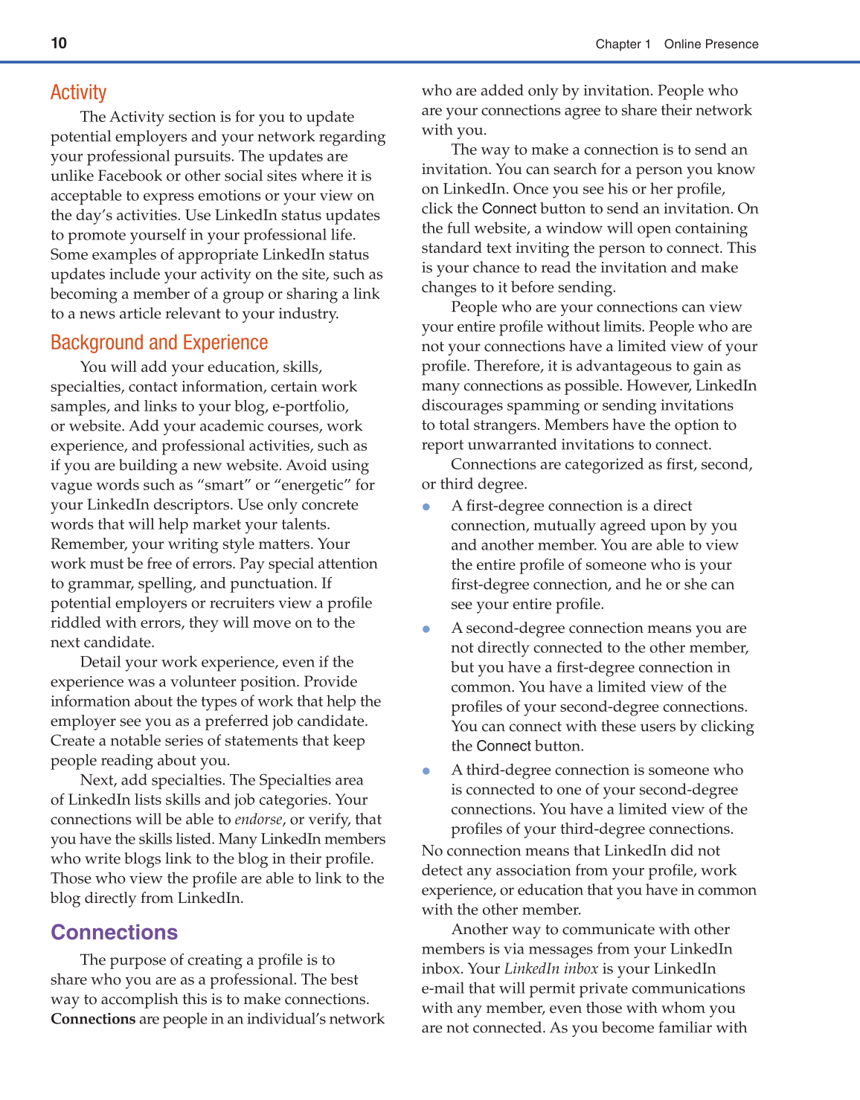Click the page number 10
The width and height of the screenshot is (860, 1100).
point(59,43)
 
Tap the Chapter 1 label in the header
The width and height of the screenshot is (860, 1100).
point(623,44)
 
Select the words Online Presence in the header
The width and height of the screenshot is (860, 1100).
point(711,44)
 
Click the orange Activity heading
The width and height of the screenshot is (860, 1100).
point(78,92)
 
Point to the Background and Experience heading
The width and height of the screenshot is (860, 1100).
point(159,342)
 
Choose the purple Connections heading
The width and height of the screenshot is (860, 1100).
point(114,932)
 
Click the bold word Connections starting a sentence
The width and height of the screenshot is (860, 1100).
point(93,1019)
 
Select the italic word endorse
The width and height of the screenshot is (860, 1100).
point(258,820)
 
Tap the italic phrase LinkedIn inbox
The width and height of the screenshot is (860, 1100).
point(551,968)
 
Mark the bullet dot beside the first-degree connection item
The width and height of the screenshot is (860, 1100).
point(426,506)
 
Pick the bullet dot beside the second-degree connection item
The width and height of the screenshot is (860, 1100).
point(426,628)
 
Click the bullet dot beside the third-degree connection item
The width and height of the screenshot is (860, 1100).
point(426,771)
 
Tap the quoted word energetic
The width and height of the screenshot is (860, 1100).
point(312,485)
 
